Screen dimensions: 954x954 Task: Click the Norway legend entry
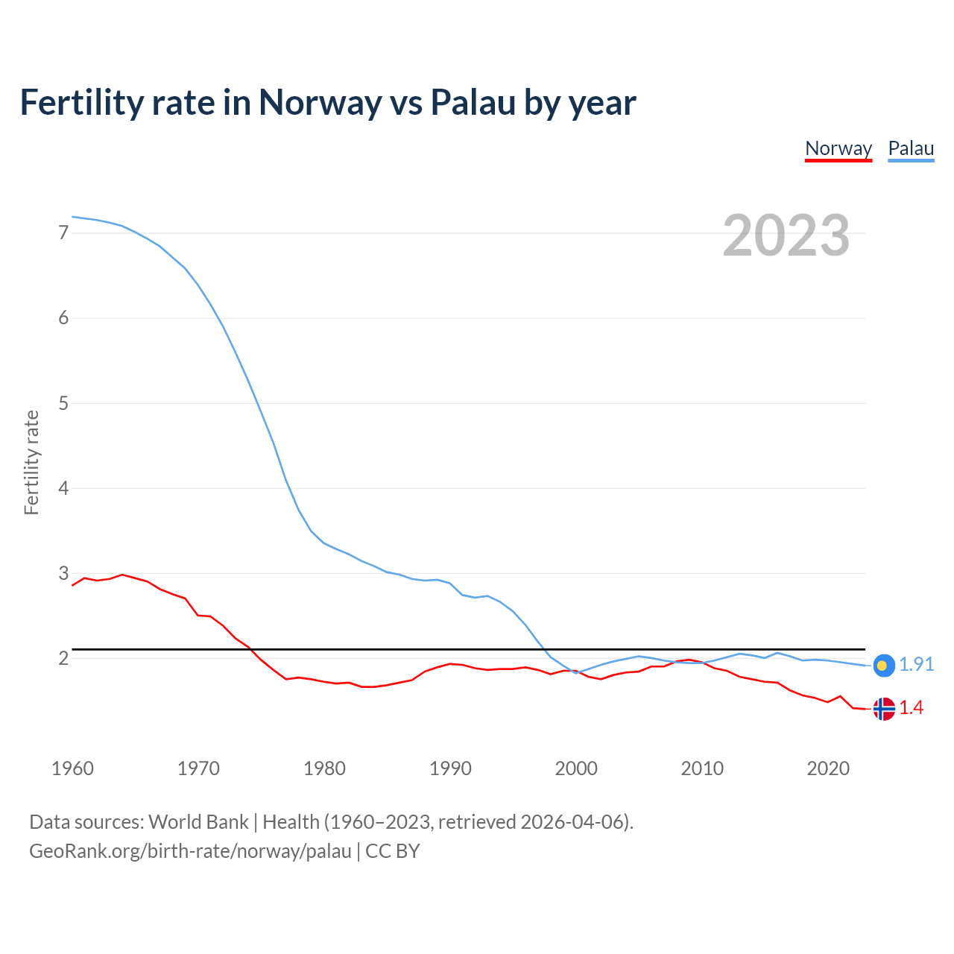[838, 148]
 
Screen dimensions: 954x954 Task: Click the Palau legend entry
[911, 148]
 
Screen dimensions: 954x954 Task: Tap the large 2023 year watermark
[786, 236]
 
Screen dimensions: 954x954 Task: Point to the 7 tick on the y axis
[63, 233]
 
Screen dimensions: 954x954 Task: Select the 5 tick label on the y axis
[63, 403]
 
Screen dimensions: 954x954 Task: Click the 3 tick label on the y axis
[63, 573]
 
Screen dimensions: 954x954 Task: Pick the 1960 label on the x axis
[72, 768]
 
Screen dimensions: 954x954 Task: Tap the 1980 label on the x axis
[324, 768]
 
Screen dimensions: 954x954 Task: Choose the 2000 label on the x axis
[576, 768]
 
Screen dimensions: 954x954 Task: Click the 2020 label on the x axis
[828, 768]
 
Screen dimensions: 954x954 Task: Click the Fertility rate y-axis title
[31, 462]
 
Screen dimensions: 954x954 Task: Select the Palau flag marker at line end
[884, 666]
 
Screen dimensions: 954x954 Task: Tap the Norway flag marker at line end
[884, 709]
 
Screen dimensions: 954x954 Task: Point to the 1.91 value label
[916, 664]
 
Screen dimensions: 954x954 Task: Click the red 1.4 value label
[911, 708]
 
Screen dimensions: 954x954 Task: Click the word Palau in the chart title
[473, 103]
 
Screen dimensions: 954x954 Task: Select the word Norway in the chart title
[320, 103]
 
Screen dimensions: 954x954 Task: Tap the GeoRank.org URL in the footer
[190, 851]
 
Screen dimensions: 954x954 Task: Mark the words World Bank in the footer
[198, 822]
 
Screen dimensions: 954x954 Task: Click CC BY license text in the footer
[392, 851]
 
